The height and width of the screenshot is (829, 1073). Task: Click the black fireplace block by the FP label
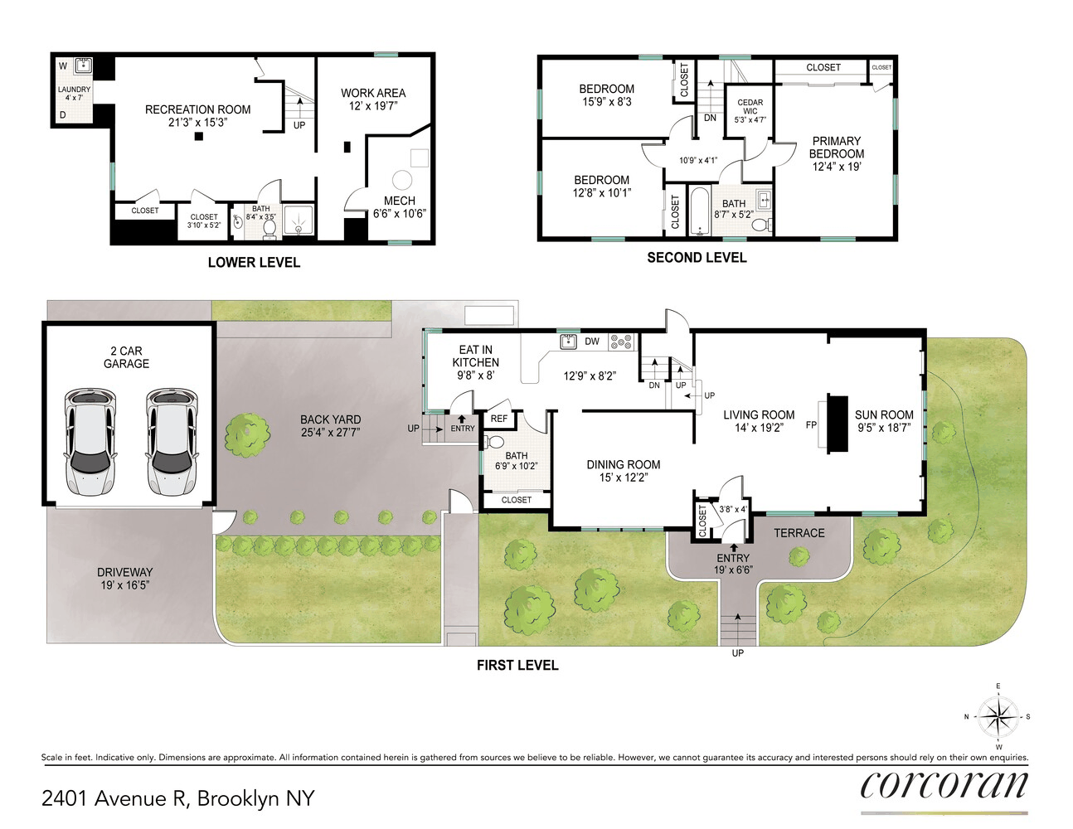[x=838, y=424]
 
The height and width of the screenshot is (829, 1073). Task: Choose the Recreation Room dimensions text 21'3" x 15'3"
[x=197, y=123]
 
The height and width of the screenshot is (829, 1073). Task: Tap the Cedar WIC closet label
[x=750, y=107]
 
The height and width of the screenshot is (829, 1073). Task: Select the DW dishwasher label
[x=592, y=342]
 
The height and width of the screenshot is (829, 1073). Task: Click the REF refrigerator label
[x=498, y=419]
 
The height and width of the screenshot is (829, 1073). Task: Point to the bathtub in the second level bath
[x=699, y=211]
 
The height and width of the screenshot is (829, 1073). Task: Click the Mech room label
[x=400, y=201]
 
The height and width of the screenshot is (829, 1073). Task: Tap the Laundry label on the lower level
[x=74, y=90]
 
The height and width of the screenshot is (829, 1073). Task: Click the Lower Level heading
[x=254, y=263]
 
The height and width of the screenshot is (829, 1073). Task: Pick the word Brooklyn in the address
[x=238, y=798]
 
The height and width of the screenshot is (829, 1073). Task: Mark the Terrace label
[x=799, y=533]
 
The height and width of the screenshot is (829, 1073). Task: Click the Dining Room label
[x=624, y=465]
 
